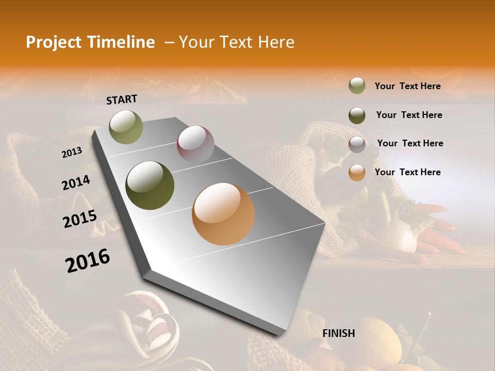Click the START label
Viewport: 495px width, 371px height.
[122, 99]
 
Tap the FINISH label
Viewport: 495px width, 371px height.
[339, 333]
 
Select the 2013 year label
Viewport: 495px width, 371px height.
[72, 152]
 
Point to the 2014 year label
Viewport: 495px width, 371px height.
[76, 183]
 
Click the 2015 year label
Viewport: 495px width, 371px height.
[80, 218]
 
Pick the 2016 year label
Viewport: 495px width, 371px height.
[88, 260]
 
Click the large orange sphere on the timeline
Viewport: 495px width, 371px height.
[223, 214]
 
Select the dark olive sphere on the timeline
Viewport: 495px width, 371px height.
[150, 185]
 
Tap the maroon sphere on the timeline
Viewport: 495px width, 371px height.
[195, 144]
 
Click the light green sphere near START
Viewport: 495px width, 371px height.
[126, 127]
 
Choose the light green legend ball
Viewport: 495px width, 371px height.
[357, 86]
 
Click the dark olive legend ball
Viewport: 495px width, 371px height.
[357, 115]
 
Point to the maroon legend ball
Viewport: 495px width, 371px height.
[357, 144]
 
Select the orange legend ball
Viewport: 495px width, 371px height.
[357, 173]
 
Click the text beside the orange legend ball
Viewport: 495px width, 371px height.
[407, 172]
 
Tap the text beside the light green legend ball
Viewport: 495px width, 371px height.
[407, 86]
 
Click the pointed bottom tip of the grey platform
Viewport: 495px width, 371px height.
[282, 334]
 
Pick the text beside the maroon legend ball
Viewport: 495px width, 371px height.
[410, 143]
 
